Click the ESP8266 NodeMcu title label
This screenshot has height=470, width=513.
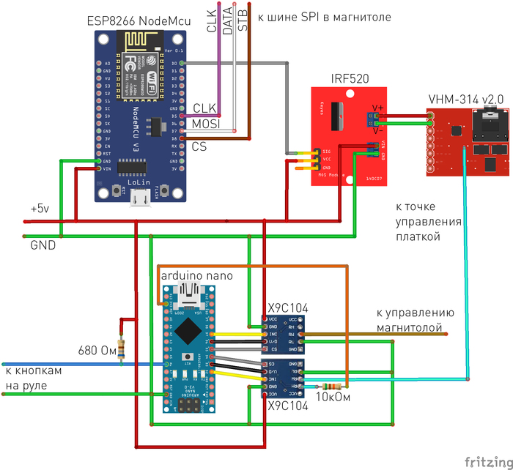click(139, 22)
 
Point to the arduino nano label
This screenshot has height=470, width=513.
click(196, 276)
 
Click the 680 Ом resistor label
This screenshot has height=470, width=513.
click(96, 350)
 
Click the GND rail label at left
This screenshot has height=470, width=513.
click(43, 246)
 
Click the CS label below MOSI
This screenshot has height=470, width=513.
click(199, 146)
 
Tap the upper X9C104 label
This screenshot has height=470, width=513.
click(287, 307)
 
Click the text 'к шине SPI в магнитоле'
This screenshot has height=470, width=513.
click(324, 16)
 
